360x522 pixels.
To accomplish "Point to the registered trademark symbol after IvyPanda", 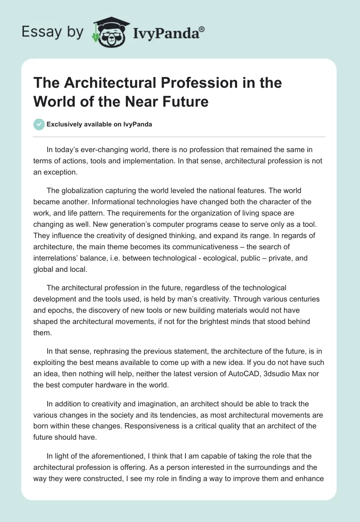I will [x=202, y=29].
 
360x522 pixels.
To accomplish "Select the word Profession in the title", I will [x=193, y=83].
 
